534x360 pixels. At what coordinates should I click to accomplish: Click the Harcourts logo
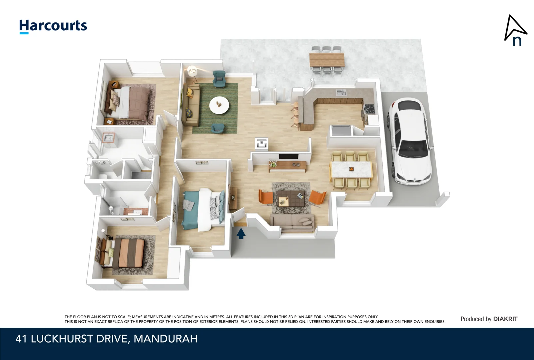(53, 26)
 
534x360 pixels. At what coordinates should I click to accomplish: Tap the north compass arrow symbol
(515, 30)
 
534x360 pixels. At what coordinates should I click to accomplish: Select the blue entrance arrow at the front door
(241, 233)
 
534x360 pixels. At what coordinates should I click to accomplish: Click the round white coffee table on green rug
(219, 105)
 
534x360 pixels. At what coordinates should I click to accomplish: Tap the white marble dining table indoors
(351, 169)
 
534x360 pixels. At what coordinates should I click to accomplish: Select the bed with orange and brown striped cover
(128, 253)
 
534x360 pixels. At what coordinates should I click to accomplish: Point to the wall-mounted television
(288, 156)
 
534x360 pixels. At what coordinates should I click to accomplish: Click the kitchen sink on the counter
(340, 92)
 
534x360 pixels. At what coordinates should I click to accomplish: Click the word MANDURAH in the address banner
(165, 339)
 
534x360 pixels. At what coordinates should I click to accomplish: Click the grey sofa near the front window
(292, 221)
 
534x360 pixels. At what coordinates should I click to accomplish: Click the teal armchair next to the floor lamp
(219, 79)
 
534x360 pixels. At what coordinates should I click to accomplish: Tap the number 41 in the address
(21, 339)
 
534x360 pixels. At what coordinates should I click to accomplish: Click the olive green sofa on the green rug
(192, 105)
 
